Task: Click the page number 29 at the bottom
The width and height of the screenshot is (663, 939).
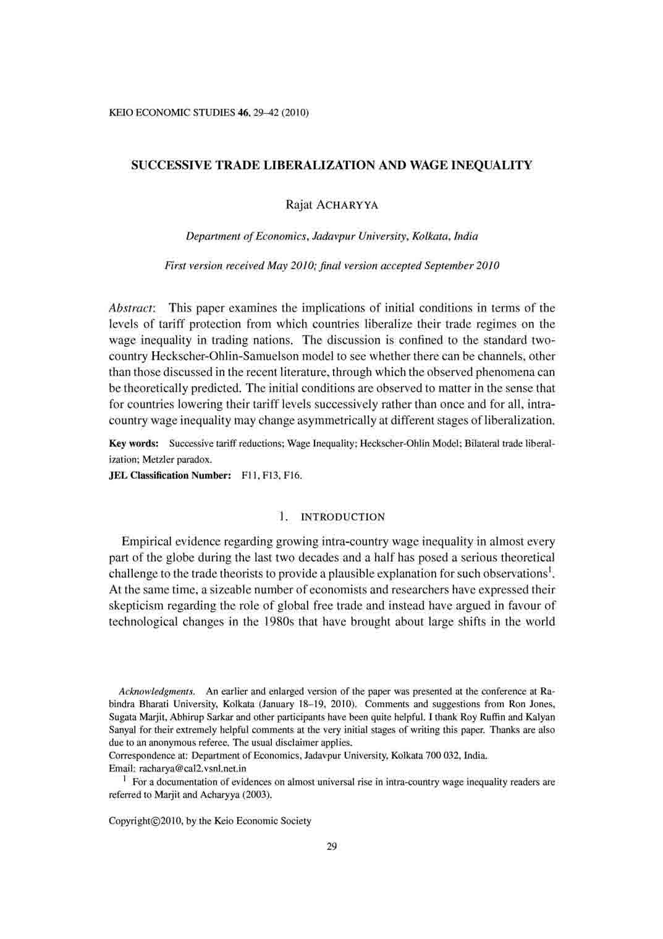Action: pyautogui.click(x=331, y=847)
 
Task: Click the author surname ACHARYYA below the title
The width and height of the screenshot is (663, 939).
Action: pyautogui.click(x=347, y=205)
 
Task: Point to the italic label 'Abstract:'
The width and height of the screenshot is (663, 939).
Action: pyautogui.click(x=133, y=308)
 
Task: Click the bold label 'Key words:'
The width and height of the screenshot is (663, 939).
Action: pyautogui.click(x=133, y=444)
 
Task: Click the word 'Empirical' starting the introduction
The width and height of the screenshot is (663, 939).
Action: pyautogui.click(x=145, y=542)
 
